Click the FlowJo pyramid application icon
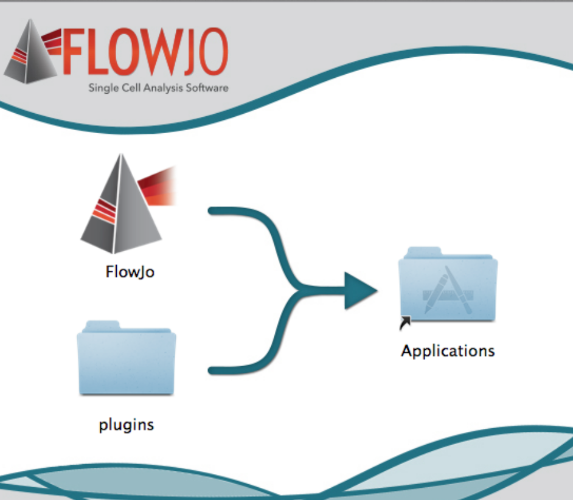(124, 204)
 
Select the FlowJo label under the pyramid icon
(130, 272)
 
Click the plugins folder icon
(127, 358)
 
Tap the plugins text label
(127, 425)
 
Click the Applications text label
(448, 351)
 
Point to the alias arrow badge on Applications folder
(405, 323)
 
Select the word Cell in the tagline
(131, 88)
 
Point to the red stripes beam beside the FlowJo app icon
(156, 186)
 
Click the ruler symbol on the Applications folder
(448, 295)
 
